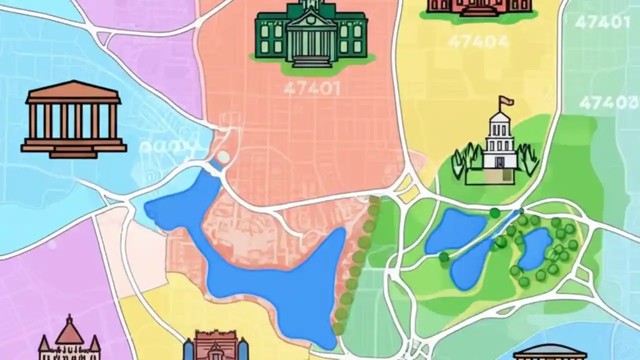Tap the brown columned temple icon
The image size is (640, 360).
pyautogui.click(x=73, y=120)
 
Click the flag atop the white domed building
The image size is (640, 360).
pyautogui.click(x=507, y=101)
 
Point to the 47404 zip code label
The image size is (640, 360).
pyautogui.click(x=478, y=41)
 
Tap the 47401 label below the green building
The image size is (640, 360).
pyautogui.click(x=311, y=88)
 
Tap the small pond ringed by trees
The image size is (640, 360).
pyautogui.click(x=535, y=248)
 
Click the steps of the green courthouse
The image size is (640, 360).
pyautogui.click(x=311, y=61)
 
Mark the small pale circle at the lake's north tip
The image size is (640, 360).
pyautogui.click(x=223, y=157)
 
